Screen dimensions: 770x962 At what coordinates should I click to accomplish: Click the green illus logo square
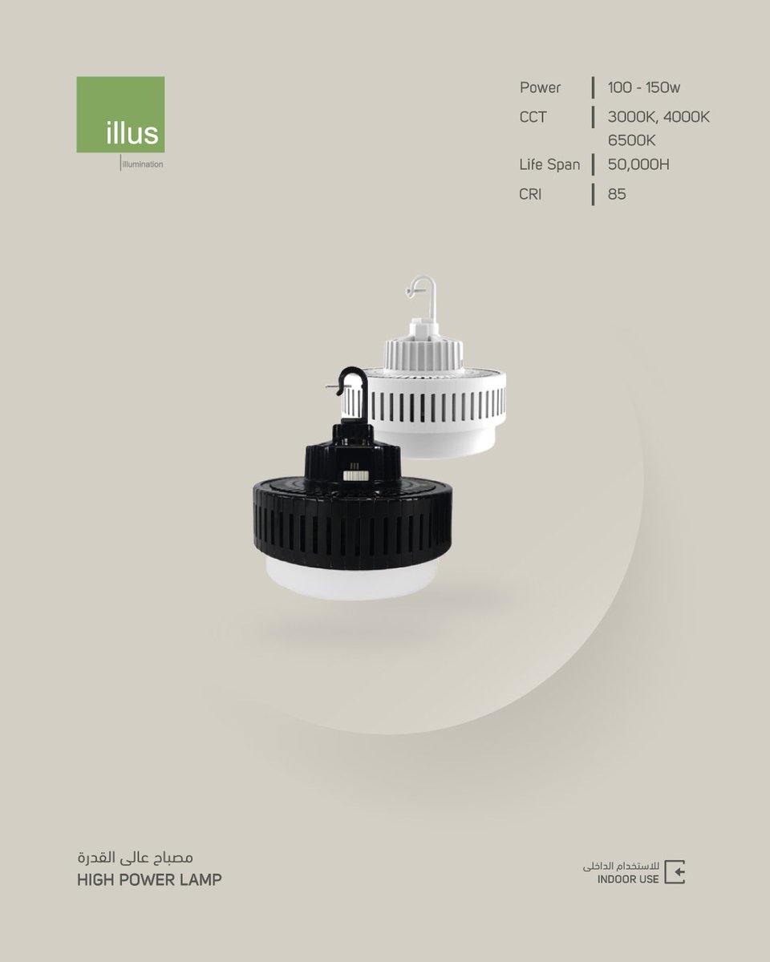(x=120, y=115)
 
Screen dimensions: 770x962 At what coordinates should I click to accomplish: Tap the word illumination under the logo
(x=142, y=164)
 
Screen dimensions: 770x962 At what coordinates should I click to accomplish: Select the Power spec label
(x=540, y=87)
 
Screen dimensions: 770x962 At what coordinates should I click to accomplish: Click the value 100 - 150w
(x=644, y=87)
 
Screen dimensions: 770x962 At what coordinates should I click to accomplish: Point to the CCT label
(x=533, y=117)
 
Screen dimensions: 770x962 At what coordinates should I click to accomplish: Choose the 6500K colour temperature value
(x=631, y=140)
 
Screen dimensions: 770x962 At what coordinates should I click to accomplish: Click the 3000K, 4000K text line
(x=659, y=117)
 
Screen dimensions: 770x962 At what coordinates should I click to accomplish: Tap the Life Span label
(x=550, y=164)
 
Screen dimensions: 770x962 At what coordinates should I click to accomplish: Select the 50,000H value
(x=638, y=164)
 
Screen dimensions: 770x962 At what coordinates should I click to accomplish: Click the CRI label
(x=530, y=194)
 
